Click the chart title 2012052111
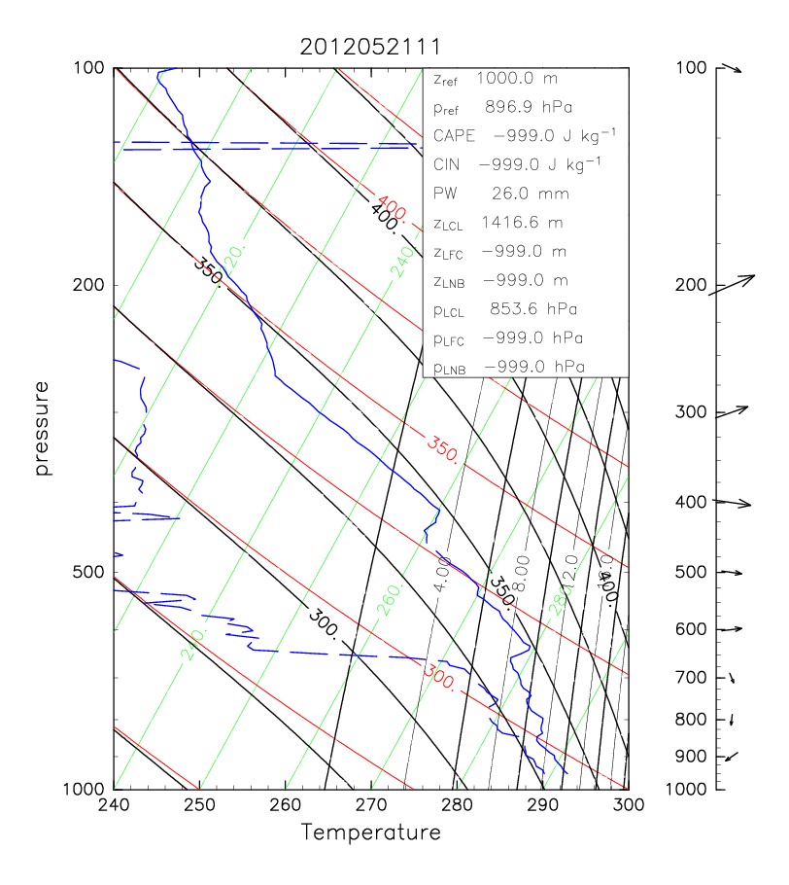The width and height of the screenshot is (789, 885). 370,47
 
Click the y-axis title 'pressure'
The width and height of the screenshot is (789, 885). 42,428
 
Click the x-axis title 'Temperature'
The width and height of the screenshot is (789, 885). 370,832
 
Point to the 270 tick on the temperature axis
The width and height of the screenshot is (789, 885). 370,805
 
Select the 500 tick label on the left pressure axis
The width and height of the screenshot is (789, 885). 90,572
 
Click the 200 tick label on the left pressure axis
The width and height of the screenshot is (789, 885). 90,285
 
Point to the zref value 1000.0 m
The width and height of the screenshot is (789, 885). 525,77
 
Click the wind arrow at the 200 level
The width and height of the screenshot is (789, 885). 732,285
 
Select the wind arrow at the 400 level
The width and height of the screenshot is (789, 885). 734,503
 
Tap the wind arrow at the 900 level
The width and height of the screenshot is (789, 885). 732,756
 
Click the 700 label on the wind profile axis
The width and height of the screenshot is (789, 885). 689,677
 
